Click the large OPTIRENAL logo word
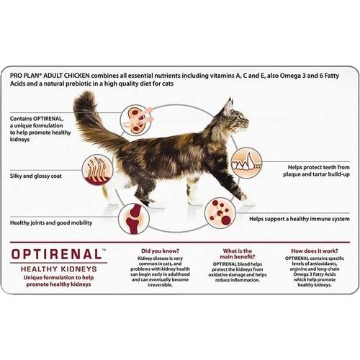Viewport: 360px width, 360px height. tap(56, 253)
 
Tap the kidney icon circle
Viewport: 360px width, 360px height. tap(137, 117)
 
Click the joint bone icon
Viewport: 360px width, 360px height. tap(134, 215)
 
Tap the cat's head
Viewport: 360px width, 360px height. tap(230, 119)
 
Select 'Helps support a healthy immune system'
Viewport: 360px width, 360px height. tap(299, 218)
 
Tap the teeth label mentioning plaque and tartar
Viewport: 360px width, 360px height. tap(307, 170)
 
